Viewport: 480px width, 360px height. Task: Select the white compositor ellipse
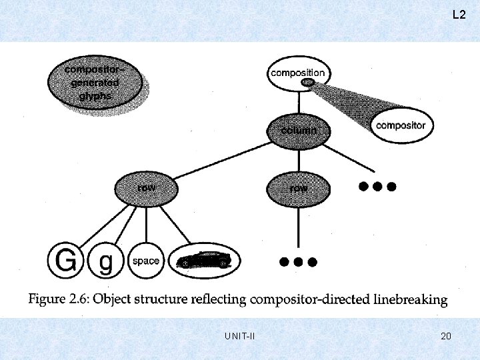(x=400, y=125)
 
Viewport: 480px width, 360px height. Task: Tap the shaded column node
(x=298, y=131)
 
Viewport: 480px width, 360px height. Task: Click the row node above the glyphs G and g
(x=146, y=188)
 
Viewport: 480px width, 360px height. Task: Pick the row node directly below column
(x=298, y=188)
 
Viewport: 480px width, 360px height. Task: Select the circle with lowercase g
(x=105, y=261)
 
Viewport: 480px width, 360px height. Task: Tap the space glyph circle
(x=145, y=261)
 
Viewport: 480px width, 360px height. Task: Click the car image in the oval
(x=204, y=261)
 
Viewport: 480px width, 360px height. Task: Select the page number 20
(x=446, y=336)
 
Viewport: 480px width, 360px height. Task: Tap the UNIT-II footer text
(x=241, y=336)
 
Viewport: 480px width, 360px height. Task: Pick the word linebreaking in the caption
(x=409, y=299)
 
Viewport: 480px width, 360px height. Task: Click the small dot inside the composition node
(x=307, y=82)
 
